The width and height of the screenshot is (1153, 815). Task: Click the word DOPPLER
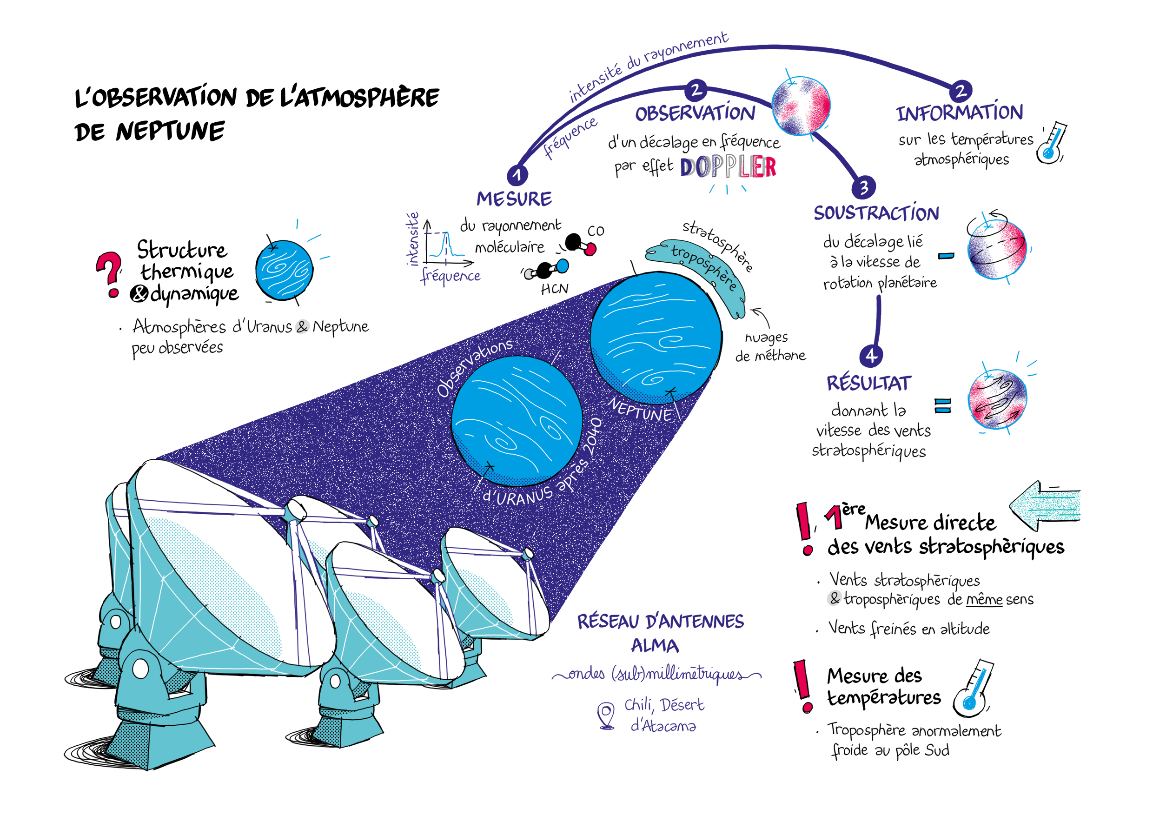tap(728, 167)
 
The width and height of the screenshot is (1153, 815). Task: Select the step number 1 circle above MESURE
tap(517, 175)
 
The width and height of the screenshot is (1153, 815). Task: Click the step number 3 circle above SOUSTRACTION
tap(863, 187)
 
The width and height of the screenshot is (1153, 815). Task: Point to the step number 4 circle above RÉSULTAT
tap(871, 356)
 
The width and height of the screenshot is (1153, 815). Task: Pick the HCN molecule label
tap(554, 289)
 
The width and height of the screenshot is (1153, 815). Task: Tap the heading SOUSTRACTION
tap(876, 213)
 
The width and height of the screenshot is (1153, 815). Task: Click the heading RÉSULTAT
tap(869, 383)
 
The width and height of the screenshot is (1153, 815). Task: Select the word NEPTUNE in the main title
tap(170, 132)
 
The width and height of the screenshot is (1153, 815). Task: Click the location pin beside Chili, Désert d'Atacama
tap(606, 715)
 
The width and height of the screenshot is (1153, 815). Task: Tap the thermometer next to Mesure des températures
tap(973, 690)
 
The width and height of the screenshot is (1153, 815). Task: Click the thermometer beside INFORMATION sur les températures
tap(1052, 143)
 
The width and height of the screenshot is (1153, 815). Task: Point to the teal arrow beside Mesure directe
tap(1045, 505)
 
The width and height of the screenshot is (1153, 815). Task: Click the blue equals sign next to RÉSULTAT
tap(942, 405)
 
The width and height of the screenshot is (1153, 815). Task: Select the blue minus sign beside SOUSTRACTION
tap(946, 256)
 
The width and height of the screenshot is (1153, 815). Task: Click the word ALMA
tap(655, 646)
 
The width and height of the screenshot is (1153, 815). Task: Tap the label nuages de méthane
tap(769, 347)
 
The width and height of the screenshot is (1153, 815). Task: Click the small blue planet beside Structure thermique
tap(284, 270)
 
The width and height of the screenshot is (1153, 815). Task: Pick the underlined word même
tap(984, 600)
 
